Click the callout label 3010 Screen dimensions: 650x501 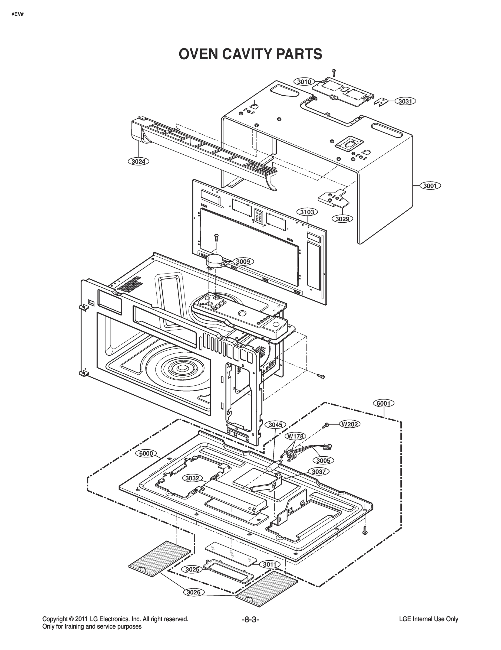click(x=304, y=82)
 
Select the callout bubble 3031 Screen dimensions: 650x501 click(x=405, y=101)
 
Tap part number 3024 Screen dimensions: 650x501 click(x=138, y=162)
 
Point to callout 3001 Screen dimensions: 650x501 click(x=430, y=186)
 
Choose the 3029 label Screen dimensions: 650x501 click(x=342, y=219)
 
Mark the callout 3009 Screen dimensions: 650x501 click(x=243, y=262)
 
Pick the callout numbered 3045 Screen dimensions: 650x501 click(x=275, y=425)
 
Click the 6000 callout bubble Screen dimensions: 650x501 click(x=146, y=453)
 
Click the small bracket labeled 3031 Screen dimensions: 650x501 click(x=381, y=101)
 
